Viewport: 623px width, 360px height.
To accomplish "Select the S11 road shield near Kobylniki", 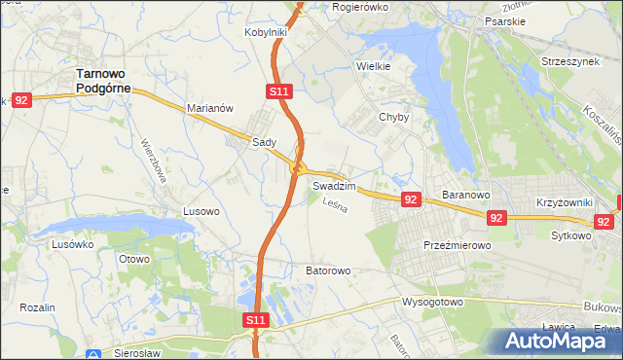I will click(x=278, y=91).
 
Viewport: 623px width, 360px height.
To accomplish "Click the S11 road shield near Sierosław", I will click(x=254, y=319).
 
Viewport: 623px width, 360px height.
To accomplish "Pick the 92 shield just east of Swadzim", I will click(x=411, y=199).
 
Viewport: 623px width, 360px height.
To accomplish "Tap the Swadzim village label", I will click(x=334, y=185).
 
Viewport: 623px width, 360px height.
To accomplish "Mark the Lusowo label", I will click(x=202, y=210).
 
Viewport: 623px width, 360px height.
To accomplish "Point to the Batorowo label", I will click(x=328, y=270).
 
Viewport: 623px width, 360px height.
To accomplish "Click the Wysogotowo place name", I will click(x=432, y=302).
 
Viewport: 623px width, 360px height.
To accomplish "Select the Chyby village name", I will click(x=394, y=117).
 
